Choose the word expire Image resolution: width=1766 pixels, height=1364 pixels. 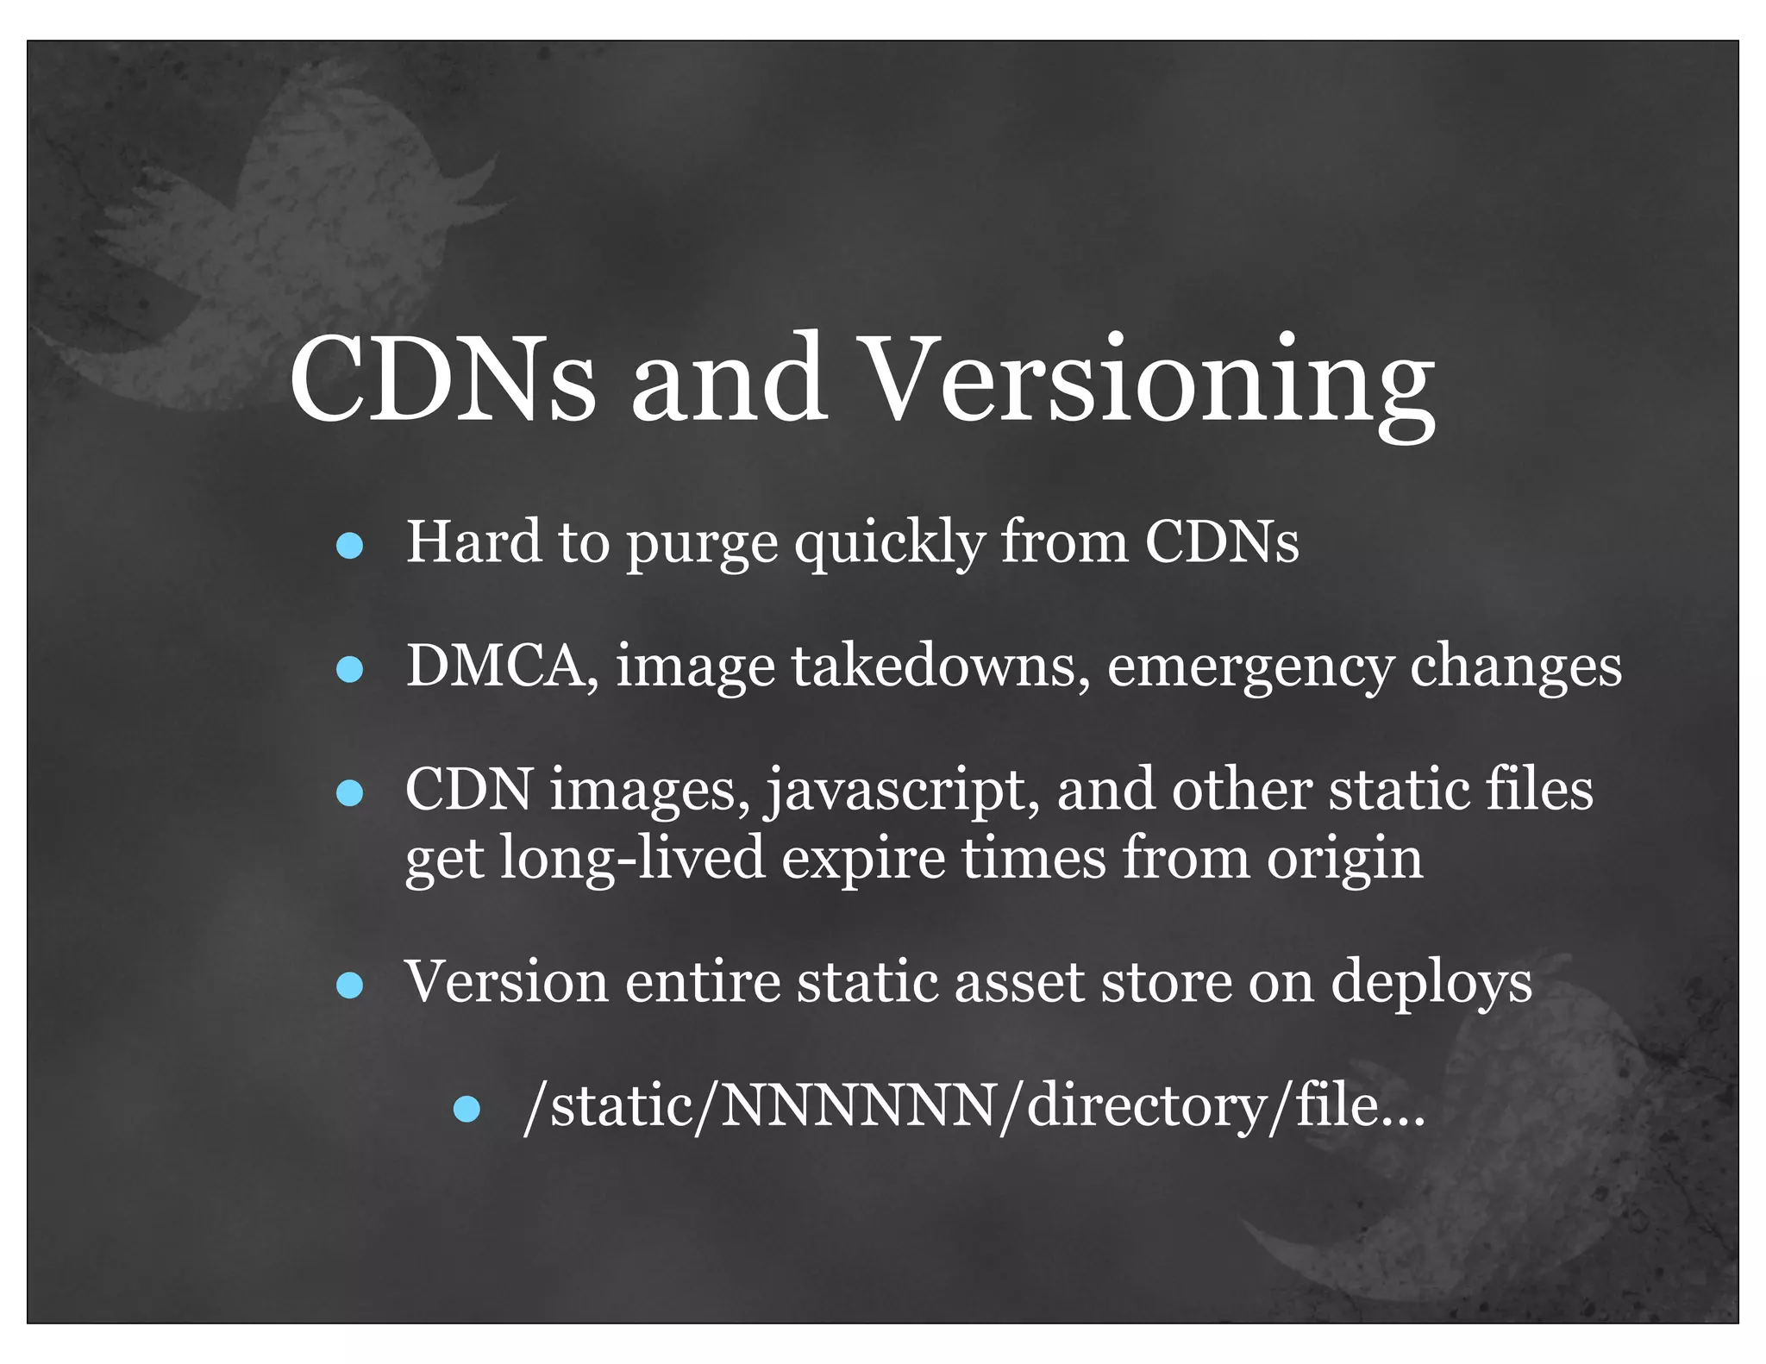point(863,860)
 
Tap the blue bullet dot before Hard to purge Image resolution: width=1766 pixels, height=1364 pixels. point(349,546)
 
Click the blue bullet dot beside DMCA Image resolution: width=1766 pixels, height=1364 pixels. point(349,669)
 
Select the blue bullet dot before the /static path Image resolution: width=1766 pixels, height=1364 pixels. point(467,1109)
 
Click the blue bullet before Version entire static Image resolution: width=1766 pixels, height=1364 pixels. point(349,985)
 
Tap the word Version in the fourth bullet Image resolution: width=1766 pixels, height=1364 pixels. point(506,983)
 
